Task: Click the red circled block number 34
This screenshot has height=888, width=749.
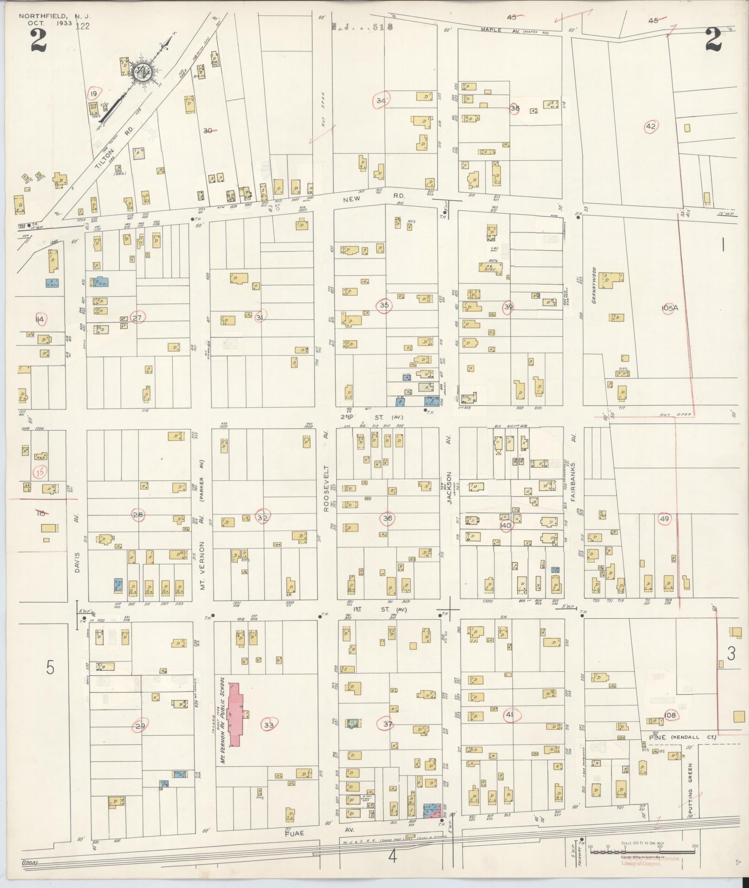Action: pyautogui.click(x=381, y=100)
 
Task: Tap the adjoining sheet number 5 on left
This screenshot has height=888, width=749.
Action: pyautogui.click(x=50, y=668)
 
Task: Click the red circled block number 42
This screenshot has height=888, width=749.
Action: pyautogui.click(x=650, y=126)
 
